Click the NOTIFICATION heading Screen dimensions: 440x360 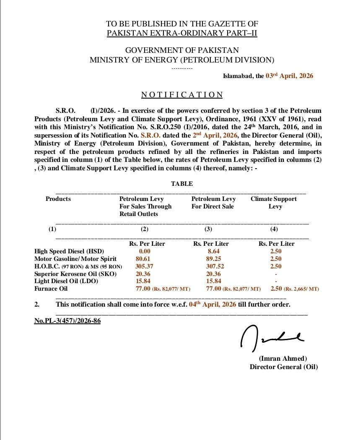click(182, 95)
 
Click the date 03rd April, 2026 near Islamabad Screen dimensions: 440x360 click(289, 76)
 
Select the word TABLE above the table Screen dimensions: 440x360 click(182, 184)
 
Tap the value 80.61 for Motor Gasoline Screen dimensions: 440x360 click(143, 259)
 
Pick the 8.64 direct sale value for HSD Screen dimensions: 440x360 click(213, 251)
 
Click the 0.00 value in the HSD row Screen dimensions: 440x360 click(145, 251)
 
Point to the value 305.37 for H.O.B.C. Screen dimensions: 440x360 click(144, 266)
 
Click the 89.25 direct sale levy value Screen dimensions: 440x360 click(214, 259)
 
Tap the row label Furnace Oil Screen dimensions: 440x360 click(51, 289)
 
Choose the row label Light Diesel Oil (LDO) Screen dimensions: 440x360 click(66, 281)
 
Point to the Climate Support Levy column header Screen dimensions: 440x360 click(274, 203)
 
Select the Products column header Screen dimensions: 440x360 click(58, 199)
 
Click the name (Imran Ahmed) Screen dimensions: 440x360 click(283, 359)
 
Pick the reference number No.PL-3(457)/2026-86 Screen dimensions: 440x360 click(67, 321)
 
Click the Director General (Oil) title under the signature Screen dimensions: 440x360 click(284, 367)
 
